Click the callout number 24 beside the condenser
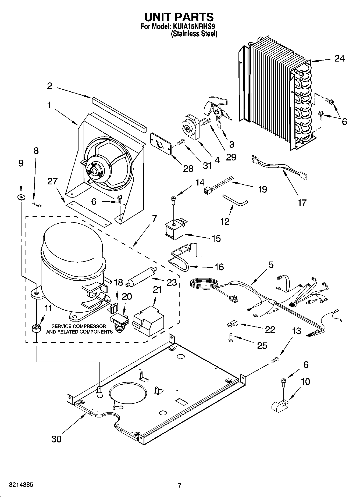pyautogui.click(x=339, y=58)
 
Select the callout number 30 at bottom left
pyautogui.click(x=56, y=439)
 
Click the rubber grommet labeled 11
pyautogui.click(x=35, y=328)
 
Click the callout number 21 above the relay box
pyautogui.click(x=157, y=290)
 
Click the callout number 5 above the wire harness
pyautogui.click(x=271, y=264)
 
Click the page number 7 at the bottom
pyautogui.click(x=180, y=485)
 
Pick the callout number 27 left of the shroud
pyautogui.click(x=52, y=181)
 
